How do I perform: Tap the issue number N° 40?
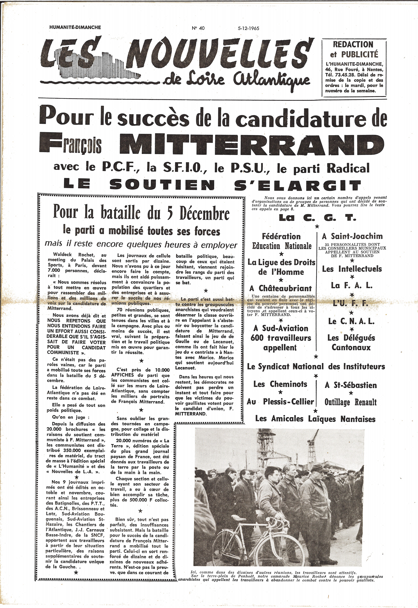click(198, 28)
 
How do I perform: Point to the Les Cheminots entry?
click(280, 384)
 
